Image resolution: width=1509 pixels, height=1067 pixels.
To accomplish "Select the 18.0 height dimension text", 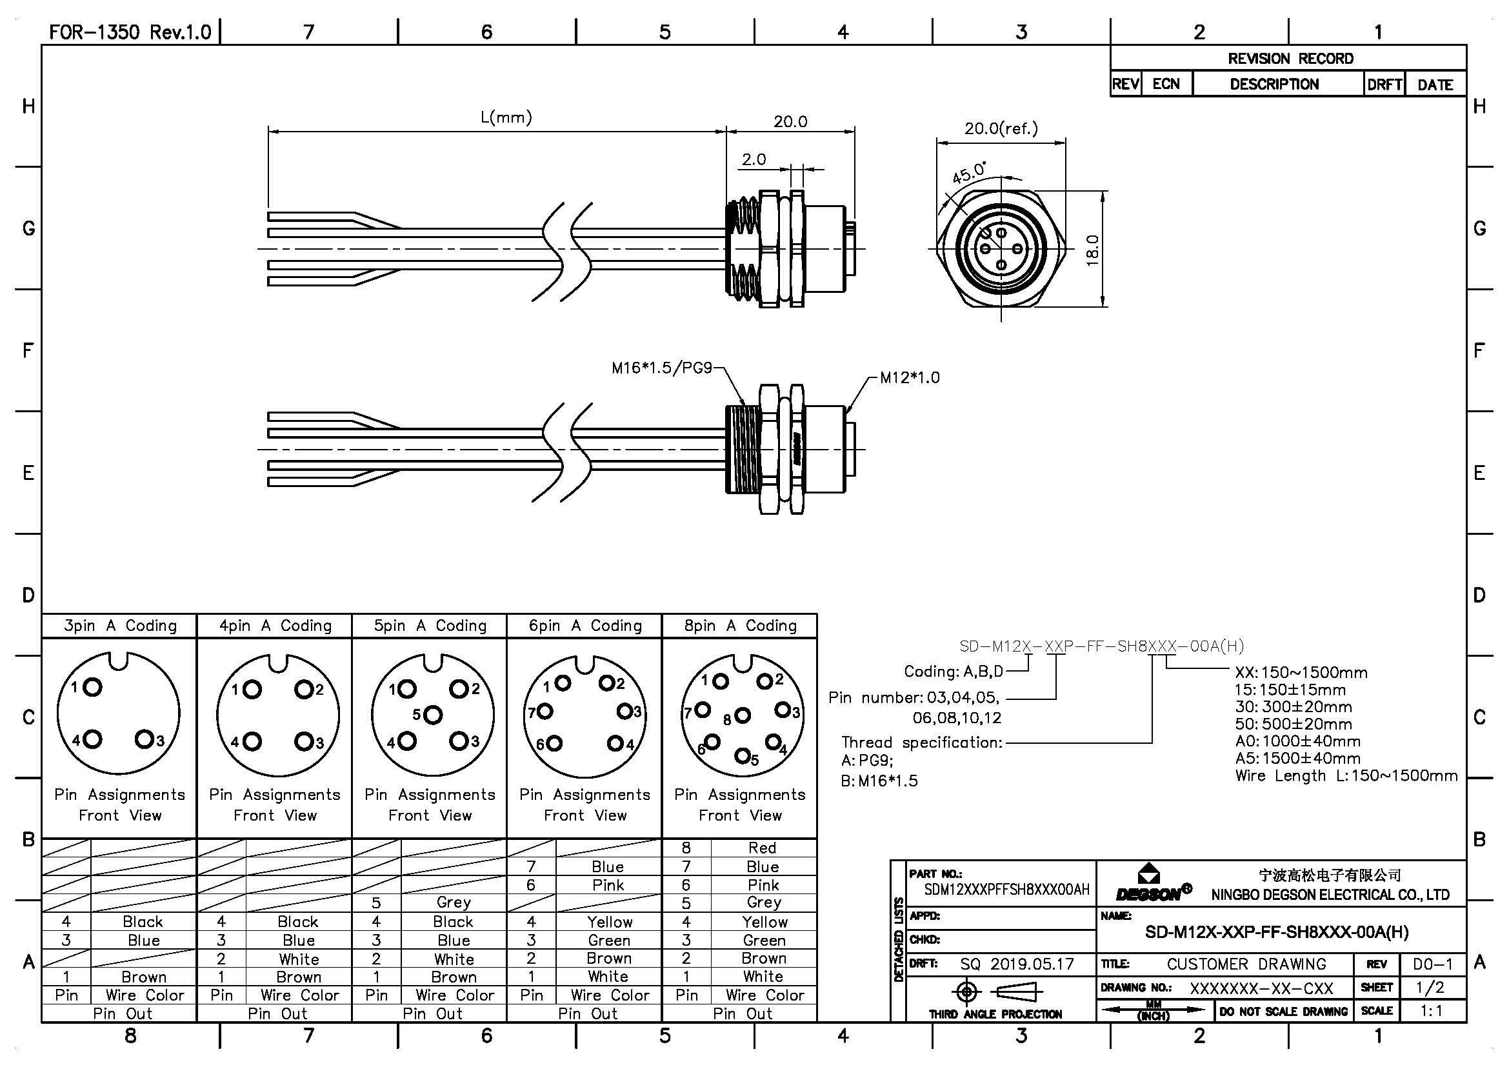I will click(1092, 250).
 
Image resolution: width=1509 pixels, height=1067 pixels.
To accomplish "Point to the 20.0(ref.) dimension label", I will click(1001, 128).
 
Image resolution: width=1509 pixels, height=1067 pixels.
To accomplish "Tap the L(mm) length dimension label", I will click(506, 117).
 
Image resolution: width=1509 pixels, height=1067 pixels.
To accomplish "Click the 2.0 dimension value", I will click(754, 159).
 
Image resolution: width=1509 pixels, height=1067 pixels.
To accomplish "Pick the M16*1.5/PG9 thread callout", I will click(662, 368).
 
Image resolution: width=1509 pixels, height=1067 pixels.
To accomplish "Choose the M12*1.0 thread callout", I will click(910, 378).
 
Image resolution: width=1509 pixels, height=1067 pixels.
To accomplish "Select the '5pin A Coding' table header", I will click(430, 626).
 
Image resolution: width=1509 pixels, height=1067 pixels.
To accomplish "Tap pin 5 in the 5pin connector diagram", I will click(432, 714).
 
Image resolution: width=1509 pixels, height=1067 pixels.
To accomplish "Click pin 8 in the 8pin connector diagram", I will click(743, 715).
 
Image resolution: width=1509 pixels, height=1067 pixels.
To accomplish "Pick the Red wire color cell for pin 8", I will click(763, 848).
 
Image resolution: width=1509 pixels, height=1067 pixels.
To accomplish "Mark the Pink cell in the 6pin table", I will click(608, 885).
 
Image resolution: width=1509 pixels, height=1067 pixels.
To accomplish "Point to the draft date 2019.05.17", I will click(1032, 964).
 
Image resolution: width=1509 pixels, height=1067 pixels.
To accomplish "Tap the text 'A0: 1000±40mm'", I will click(1298, 741).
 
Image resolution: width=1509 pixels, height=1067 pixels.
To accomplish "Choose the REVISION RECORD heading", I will click(1291, 59).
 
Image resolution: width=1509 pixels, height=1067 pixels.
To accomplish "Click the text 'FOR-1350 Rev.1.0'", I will click(130, 32).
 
